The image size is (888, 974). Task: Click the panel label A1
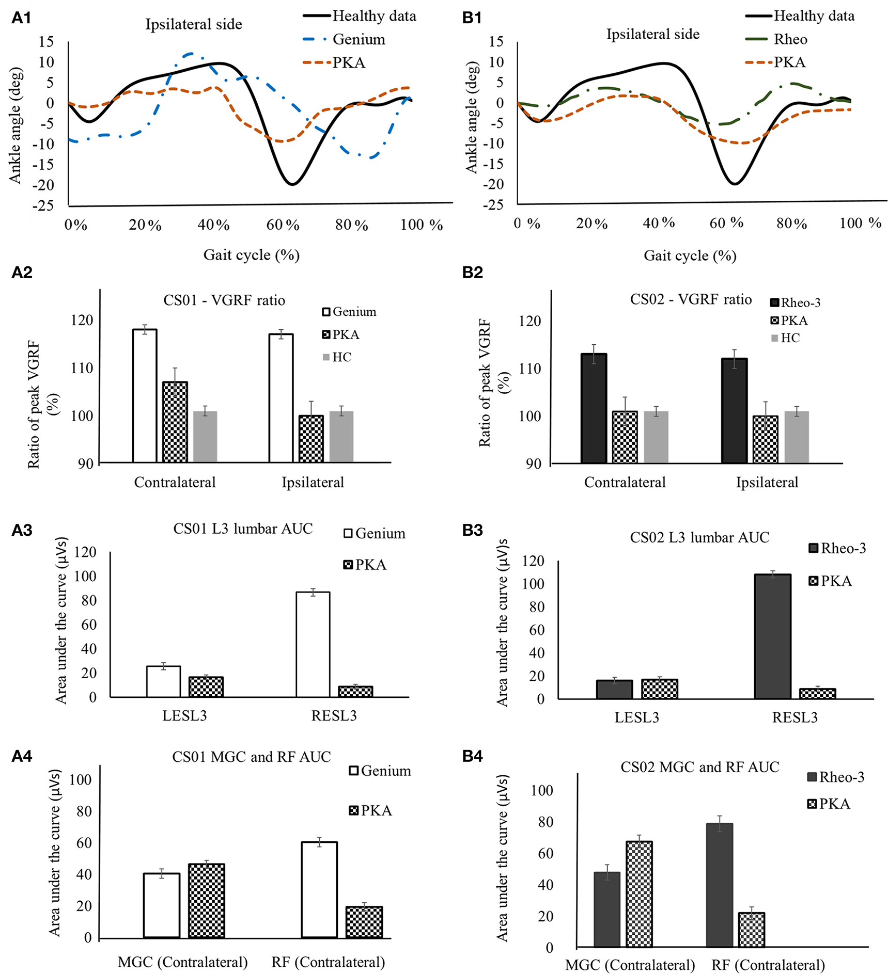[x=21, y=18]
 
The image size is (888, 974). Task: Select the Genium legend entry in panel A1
[x=359, y=40]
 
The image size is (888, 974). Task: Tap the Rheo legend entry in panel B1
[x=790, y=40]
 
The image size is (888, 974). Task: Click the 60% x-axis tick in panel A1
[x=283, y=225]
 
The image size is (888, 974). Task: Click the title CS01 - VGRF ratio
[x=224, y=300]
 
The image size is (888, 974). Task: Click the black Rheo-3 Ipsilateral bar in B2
[x=734, y=410]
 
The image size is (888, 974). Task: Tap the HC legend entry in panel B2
[x=790, y=338]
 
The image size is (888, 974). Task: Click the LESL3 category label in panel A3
[x=184, y=716]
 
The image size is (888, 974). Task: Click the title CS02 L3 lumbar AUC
[x=699, y=538]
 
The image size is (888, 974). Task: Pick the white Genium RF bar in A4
[x=319, y=890]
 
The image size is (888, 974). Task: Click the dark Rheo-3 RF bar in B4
[x=719, y=885]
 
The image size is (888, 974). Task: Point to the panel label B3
[x=472, y=531]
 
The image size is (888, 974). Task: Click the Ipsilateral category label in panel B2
[x=767, y=483]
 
